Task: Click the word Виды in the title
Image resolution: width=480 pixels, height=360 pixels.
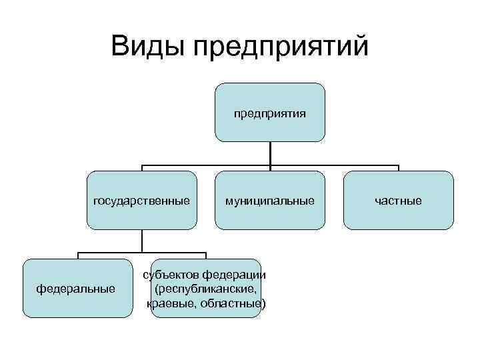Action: pyautogui.click(x=147, y=47)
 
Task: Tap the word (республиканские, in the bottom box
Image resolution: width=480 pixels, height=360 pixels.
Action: pyautogui.click(x=205, y=289)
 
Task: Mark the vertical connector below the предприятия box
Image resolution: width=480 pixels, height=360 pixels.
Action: pyautogui.click(x=270, y=153)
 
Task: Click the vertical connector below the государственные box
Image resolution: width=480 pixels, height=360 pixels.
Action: pyautogui.click(x=141, y=241)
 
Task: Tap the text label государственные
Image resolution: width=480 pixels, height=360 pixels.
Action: pyautogui.click(x=141, y=200)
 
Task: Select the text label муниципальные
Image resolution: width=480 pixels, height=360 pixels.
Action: pyautogui.click(x=270, y=200)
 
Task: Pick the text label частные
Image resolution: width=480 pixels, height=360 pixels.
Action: pyautogui.click(x=398, y=200)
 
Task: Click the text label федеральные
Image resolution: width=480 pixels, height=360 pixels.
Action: pyautogui.click(x=76, y=289)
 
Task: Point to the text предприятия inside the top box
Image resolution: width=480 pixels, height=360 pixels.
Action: pyautogui.click(x=270, y=113)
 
